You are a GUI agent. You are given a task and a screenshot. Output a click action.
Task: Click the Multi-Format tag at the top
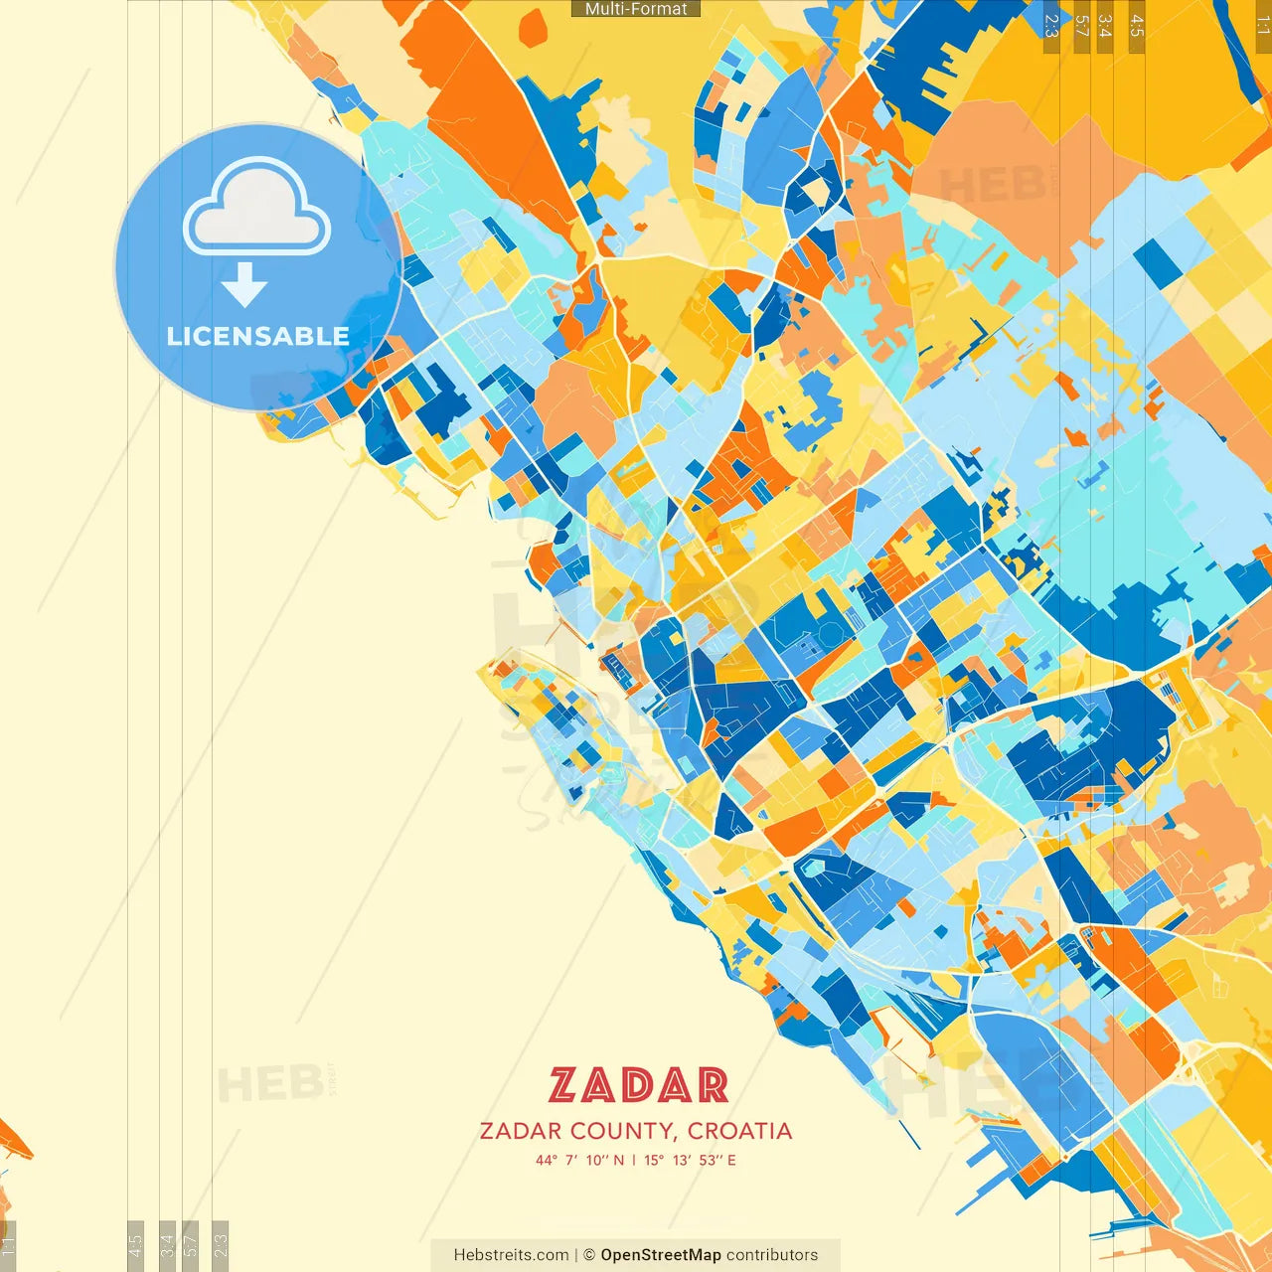click(636, 9)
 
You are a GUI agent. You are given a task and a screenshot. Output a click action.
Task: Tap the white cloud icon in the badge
click(256, 207)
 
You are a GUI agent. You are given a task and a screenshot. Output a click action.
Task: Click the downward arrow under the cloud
click(243, 285)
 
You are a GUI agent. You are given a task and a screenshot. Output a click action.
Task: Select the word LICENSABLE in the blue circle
click(258, 336)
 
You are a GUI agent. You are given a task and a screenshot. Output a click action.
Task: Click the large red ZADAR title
click(638, 1085)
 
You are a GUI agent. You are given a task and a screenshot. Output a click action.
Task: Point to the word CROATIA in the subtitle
click(739, 1131)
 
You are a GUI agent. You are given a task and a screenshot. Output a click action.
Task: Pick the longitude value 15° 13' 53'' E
click(690, 1160)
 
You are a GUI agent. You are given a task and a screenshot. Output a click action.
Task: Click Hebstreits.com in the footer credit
click(511, 1255)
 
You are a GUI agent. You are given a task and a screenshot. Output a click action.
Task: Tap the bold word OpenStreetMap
click(660, 1255)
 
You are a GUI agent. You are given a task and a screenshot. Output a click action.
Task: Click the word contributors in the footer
click(772, 1255)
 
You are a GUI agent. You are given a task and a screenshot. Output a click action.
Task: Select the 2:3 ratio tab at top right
click(1051, 26)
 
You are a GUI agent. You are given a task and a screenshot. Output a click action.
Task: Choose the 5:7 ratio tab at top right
click(1081, 26)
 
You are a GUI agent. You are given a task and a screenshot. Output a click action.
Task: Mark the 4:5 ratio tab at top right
click(1137, 26)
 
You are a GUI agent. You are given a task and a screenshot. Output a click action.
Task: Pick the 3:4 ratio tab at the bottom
click(167, 1244)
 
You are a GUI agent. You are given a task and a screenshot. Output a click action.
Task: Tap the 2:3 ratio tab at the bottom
click(221, 1244)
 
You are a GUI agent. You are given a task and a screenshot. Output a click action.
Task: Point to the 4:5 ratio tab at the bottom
click(135, 1244)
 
